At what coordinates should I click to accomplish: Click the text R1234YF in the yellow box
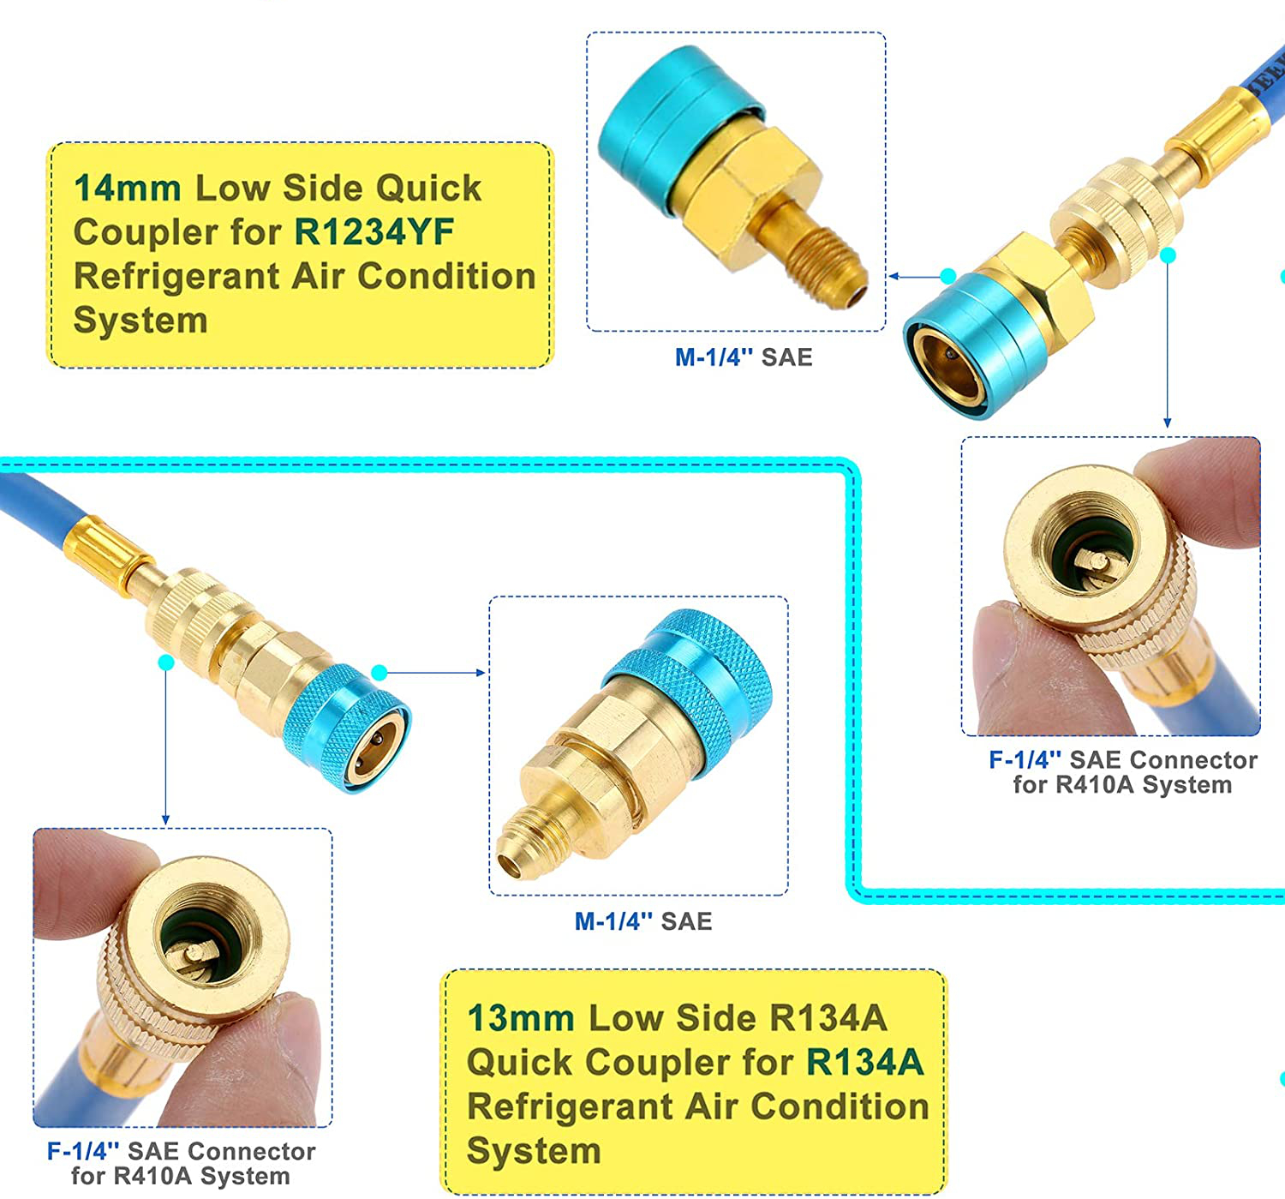coord(374,231)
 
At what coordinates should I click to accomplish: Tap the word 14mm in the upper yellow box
coord(128,188)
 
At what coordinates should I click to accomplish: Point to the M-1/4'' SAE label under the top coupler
coord(744,357)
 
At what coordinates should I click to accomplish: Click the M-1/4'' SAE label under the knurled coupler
coord(643,920)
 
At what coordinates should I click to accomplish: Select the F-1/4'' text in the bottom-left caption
coord(83,1151)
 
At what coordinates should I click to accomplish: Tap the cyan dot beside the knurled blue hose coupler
coord(380,673)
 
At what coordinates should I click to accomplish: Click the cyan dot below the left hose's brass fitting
coord(166,662)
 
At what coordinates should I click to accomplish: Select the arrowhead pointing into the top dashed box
coord(894,277)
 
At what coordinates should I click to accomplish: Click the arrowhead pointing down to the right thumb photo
coord(1168,423)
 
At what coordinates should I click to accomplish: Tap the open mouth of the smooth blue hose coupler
coord(949,371)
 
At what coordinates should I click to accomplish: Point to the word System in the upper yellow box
coord(140,320)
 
